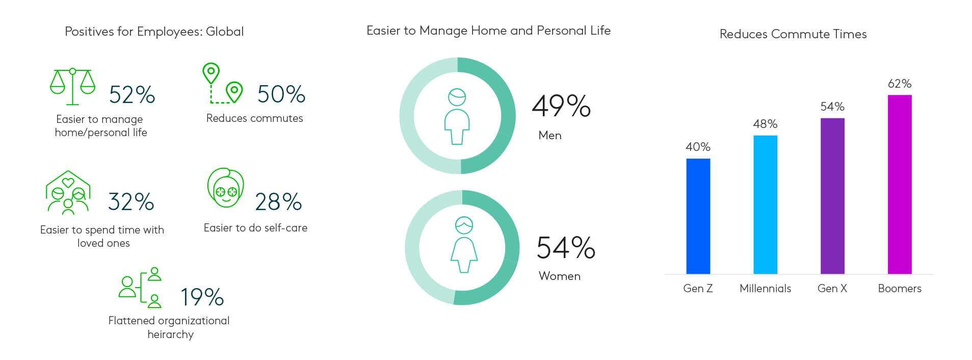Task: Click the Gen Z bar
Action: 698,216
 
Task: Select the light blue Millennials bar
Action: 765,204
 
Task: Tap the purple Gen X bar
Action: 832,196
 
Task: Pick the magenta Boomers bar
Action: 900,185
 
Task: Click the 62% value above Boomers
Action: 900,84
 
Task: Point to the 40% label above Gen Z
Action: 698,147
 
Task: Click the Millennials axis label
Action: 765,289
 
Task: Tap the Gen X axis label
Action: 832,289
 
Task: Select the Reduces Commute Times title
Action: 793,34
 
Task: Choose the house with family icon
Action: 68,192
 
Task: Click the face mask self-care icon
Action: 226,188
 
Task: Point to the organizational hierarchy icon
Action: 140,288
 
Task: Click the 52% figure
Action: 132,95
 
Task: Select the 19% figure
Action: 202,297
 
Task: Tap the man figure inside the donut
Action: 457,117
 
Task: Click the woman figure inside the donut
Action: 464,245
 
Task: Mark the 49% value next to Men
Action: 561,106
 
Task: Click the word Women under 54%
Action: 560,276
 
